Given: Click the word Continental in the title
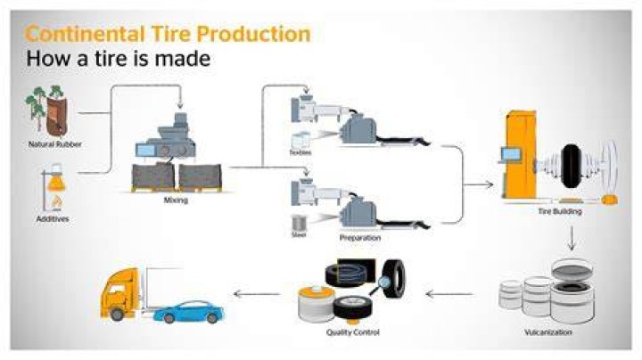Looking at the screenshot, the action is (86, 34).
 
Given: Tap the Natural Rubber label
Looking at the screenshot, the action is (55, 144).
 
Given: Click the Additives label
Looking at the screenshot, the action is (53, 219).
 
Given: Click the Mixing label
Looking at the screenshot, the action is (176, 200).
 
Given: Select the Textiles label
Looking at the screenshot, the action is (300, 152).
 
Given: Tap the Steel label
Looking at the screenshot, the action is (299, 235).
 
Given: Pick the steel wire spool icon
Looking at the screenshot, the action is (300, 223).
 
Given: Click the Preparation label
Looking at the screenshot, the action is (360, 238).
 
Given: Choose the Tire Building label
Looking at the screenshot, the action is (560, 211).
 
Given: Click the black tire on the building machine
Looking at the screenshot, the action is (571, 166).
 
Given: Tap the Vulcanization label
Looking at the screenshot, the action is (548, 332).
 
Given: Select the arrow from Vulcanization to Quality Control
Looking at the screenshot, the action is (449, 294).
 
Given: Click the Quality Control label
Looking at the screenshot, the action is (353, 332).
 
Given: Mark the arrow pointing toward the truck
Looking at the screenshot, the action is (257, 294).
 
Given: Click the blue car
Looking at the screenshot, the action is (189, 313).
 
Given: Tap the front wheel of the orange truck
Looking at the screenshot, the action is (117, 314).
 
